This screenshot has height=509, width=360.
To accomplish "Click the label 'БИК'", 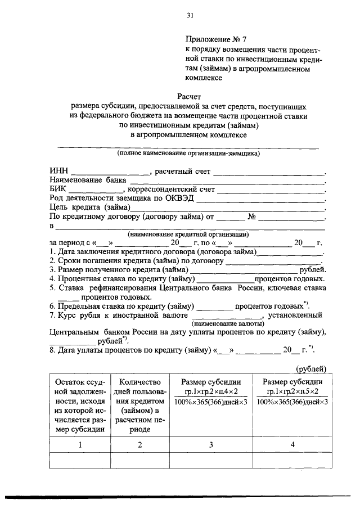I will click(59, 190).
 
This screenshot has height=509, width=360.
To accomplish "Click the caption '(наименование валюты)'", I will click(228, 324).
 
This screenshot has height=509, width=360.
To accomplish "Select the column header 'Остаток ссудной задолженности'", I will click(80, 405).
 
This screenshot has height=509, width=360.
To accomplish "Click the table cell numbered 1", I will click(80, 445).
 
